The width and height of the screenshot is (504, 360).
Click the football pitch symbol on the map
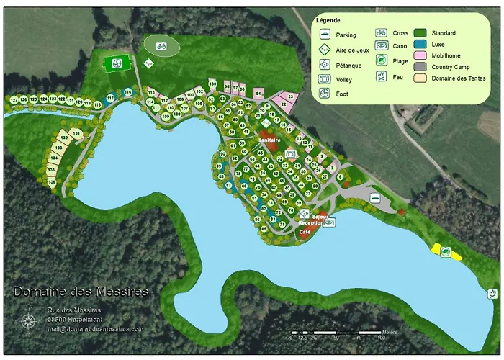tap(112, 64)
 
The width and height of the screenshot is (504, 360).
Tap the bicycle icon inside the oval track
tap(162, 48)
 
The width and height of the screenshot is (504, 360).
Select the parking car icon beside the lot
tap(374, 197)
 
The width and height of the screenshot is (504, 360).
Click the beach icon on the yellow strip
tap(446, 251)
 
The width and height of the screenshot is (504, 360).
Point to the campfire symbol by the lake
tap(492, 294)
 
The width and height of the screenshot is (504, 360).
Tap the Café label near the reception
tap(305, 232)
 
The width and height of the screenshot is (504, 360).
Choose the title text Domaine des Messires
tap(81, 292)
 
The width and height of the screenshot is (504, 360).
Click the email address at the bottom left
tap(96, 329)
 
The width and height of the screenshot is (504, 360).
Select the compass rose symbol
tap(28, 322)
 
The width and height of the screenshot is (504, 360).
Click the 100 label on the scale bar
tap(381, 337)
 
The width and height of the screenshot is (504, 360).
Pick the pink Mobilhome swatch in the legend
tap(419, 55)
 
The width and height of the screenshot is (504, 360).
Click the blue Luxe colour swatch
tap(419, 44)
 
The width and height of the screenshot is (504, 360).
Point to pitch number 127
tap(14, 99)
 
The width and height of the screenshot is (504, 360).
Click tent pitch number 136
tap(52, 182)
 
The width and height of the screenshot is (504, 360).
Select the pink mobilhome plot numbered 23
tap(290, 96)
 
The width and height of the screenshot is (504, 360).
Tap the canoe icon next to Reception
tap(329, 222)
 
